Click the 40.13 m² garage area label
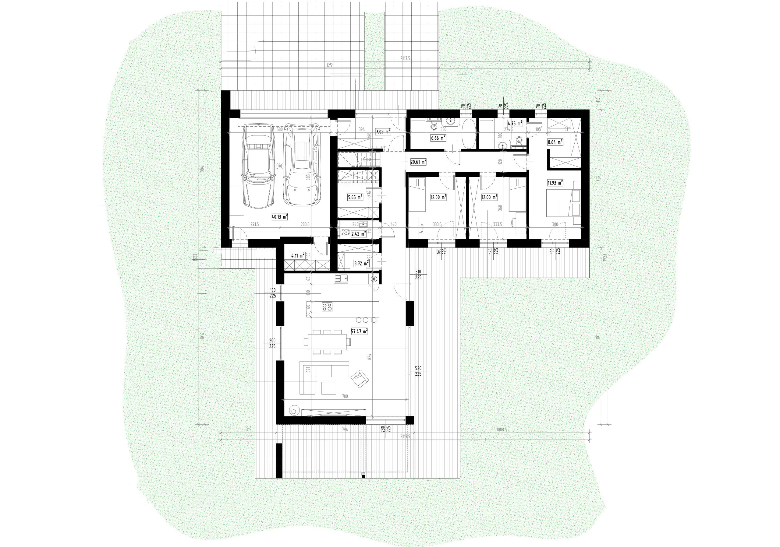[x=280, y=216]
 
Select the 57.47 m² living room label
[x=360, y=331]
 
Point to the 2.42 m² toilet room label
[x=358, y=234]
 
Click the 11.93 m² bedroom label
[x=555, y=183]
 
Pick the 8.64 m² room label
[x=555, y=142]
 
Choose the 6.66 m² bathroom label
[x=438, y=138]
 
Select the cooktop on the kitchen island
[x=327, y=307]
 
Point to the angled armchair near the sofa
[x=359, y=378]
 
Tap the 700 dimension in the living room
[x=345, y=396]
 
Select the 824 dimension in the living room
[x=370, y=357]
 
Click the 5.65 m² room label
[x=355, y=197]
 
